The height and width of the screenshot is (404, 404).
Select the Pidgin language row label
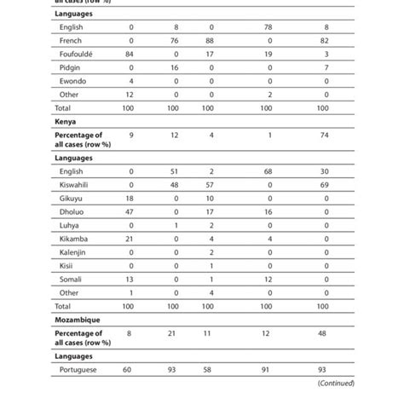(x=71, y=68)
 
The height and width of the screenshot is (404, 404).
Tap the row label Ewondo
(x=72, y=82)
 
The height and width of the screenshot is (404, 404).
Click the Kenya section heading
(x=66, y=122)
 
